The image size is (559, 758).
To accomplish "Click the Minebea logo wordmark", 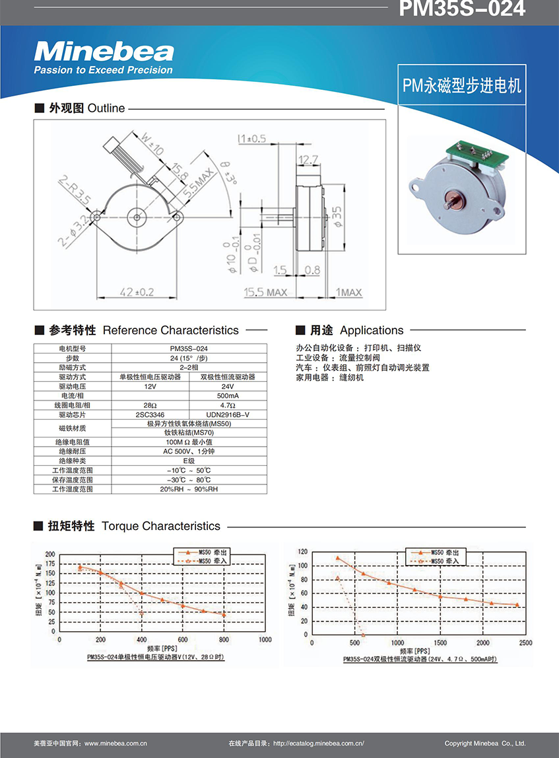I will tap(104, 52).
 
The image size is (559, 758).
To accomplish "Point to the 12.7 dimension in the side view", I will tap(308, 159).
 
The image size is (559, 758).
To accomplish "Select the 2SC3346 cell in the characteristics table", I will tap(150, 414).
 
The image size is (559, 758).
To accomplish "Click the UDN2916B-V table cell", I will tap(228, 414).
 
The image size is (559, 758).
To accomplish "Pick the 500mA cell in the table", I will tap(228, 395).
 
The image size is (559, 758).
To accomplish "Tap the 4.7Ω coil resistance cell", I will tap(228, 404).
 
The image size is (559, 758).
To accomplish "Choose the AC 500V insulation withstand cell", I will tap(189, 451).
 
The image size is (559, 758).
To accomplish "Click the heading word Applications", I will tap(372, 330).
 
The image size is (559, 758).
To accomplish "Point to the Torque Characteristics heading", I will tap(161, 526).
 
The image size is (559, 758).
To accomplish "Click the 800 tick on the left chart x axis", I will tap(224, 640).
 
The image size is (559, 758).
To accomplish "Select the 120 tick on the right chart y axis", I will tap(303, 551).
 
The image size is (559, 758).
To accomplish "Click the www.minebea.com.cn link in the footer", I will tap(115, 743).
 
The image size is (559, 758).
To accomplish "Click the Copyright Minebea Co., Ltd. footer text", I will tap(485, 743).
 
